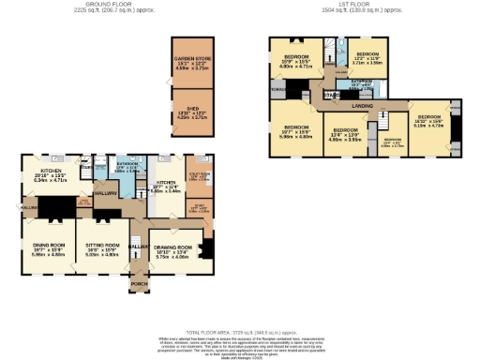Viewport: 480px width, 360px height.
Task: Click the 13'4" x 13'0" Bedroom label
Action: pos(348,136)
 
